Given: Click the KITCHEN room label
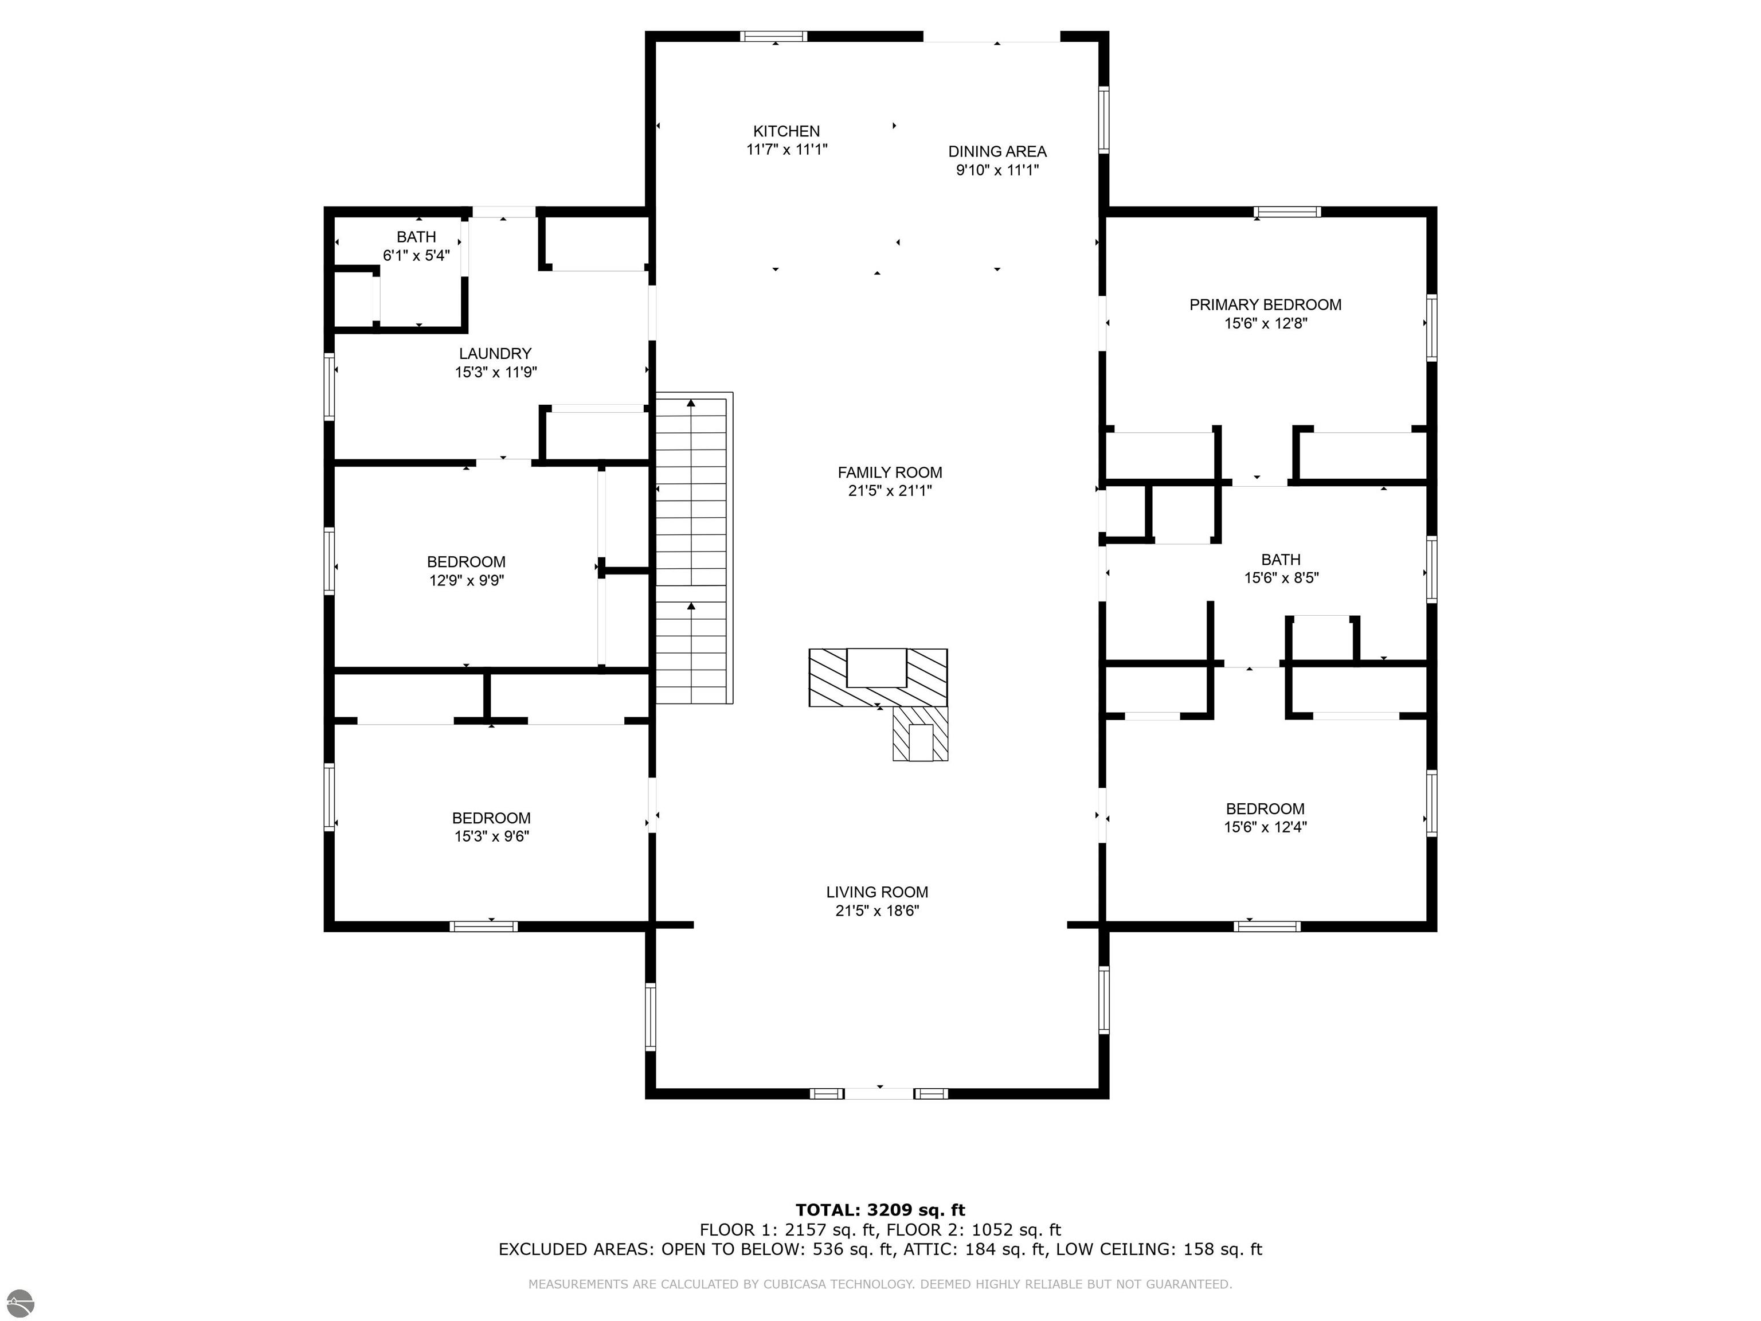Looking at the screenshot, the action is pyautogui.click(x=786, y=131).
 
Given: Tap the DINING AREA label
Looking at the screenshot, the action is pyautogui.click(x=997, y=151).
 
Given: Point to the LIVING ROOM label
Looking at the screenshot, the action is pyautogui.click(x=876, y=892).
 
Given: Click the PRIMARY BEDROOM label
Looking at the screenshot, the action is pyautogui.click(x=1265, y=304).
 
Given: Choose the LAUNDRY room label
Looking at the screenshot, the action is pyautogui.click(x=495, y=354).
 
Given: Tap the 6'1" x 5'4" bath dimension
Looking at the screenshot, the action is pyautogui.click(x=416, y=256).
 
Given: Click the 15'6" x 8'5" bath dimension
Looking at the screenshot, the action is pyautogui.click(x=1281, y=578).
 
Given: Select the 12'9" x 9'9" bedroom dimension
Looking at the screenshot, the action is pyautogui.click(x=467, y=580).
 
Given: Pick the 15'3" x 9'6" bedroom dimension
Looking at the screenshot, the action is pyautogui.click(x=491, y=836).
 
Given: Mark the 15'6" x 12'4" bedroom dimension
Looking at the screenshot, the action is pyautogui.click(x=1265, y=827).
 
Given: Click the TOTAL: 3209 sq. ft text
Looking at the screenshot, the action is pyautogui.click(x=880, y=1210).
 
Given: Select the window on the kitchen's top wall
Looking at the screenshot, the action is pyautogui.click(x=774, y=36).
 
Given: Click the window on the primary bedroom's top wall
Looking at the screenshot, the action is pyautogui.click(x=1288, y=212).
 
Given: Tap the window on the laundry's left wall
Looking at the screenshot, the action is pyautogui.click(x=329, y=386).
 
